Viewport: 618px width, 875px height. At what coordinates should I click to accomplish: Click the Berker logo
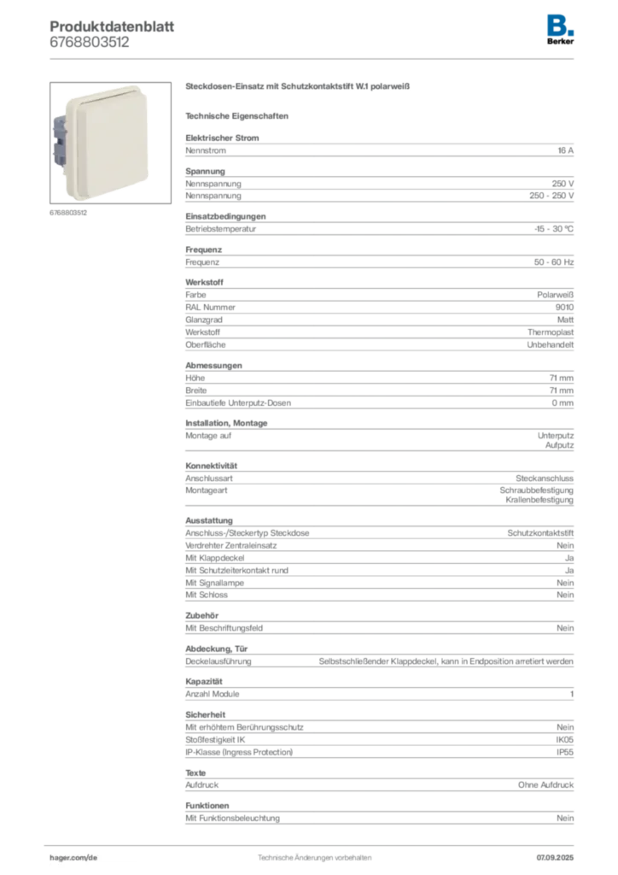coord(560,30)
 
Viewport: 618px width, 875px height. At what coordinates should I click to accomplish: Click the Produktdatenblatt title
coord(112,26)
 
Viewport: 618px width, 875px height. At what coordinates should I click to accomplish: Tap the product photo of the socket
coord(110,143)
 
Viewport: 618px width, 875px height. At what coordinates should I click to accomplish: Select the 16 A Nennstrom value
coord(566,150)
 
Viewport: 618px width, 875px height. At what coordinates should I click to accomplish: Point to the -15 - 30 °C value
coord(553,229)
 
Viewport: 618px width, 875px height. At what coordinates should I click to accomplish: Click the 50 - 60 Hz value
coord(553,261)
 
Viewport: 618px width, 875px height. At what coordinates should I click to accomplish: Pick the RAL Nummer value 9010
coord(564,307)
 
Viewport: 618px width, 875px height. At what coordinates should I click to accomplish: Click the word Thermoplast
coord(551,332)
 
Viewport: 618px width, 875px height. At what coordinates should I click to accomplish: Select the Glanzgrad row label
coord(204,320)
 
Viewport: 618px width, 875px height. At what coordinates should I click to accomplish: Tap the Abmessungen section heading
coord(214,366)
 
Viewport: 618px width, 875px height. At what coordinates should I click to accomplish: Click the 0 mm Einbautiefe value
coord(563,403)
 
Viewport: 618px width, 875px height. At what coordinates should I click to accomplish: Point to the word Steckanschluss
coord(545,479)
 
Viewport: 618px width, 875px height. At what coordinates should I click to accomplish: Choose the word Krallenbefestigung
coord(539,500)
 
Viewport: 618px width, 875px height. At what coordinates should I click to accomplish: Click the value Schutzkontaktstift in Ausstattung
coord(540,533)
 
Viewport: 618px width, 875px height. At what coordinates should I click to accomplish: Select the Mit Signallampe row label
coord(214,583)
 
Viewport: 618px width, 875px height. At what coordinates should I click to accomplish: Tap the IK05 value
coord(565,739)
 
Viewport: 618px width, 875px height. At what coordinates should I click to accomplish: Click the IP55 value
coord(565,752)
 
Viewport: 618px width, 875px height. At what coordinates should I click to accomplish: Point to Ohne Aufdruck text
coord(545,784)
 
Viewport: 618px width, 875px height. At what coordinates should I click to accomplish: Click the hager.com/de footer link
coord(73,858)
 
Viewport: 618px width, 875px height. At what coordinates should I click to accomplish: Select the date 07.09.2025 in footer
coord(555,858)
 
